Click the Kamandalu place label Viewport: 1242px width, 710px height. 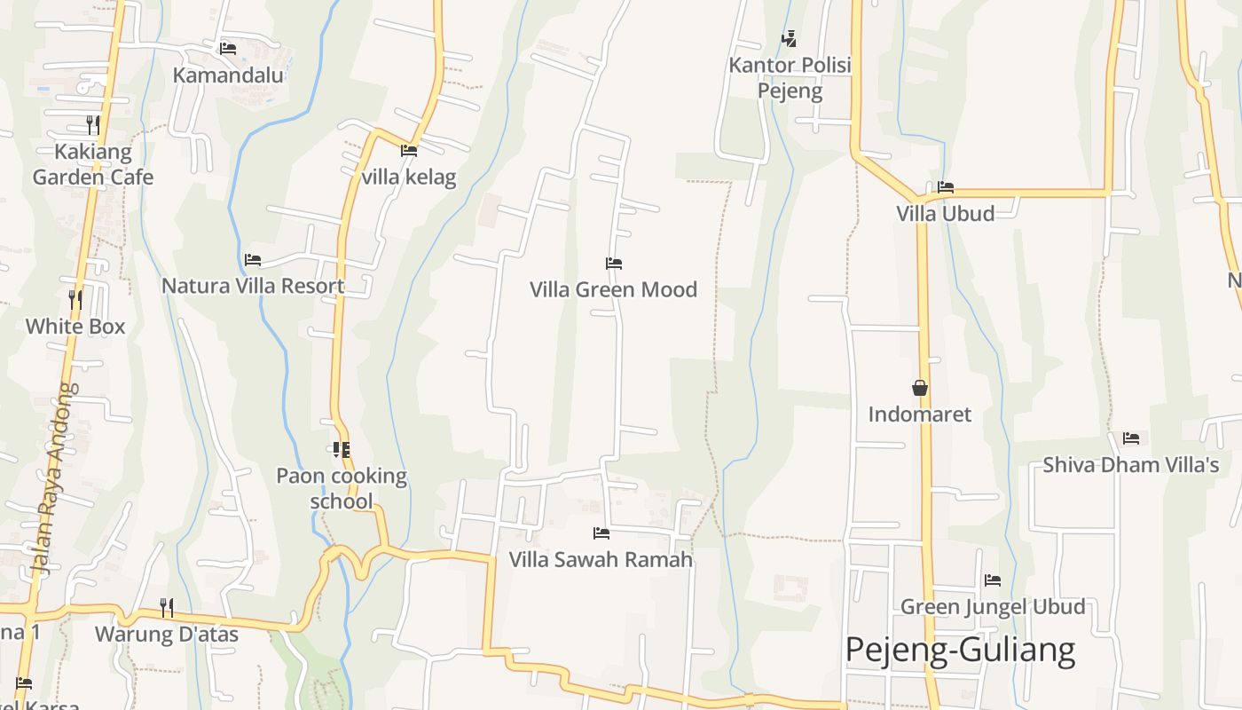(x=228, y=75)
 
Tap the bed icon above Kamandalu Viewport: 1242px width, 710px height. (x=228, y=48)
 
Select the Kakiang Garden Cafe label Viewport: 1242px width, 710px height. (x=93, y=164)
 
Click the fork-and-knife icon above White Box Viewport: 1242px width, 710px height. (x=75, y=299)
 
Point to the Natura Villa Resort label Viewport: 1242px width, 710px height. (x=253, y=286)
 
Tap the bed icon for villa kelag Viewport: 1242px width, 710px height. (x=409, y=151)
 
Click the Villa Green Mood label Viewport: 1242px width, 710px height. (x=613, y=289)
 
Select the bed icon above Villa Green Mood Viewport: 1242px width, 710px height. (x=613, y=263)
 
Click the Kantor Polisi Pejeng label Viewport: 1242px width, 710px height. (x=790, y=77)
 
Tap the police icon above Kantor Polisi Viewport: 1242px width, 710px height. (x=789, y=38)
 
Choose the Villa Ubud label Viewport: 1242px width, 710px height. (x=945, y=213)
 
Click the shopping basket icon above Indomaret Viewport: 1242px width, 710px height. (x=920, y=388)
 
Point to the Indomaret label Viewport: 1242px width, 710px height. (x=920, y=414)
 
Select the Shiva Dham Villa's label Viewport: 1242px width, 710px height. (x=1131, y=465)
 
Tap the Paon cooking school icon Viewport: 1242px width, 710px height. (x=342, y=450)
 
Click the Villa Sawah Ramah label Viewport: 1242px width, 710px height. (x=601, y=560)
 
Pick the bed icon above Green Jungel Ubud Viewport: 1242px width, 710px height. (x=993, y=580)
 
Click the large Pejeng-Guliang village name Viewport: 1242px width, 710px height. (x=960, y=650)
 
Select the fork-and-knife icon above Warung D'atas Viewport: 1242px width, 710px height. (x=167, y=607)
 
